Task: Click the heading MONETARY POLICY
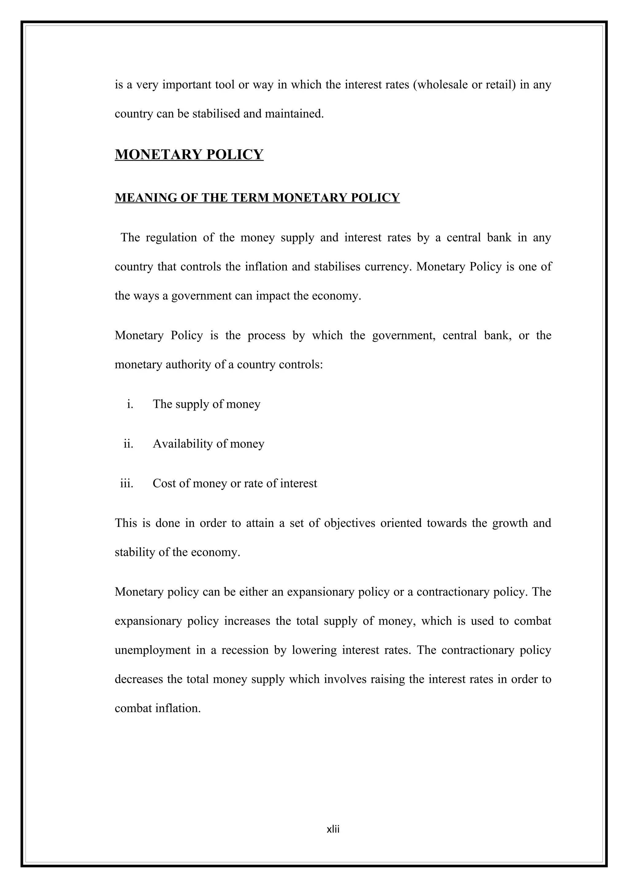[x=189, y=154]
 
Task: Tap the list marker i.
[x=130, y=404]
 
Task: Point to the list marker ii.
[x=128, y=444]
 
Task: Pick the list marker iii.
[x=127, y=484]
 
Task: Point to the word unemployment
[x=152, y=650]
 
